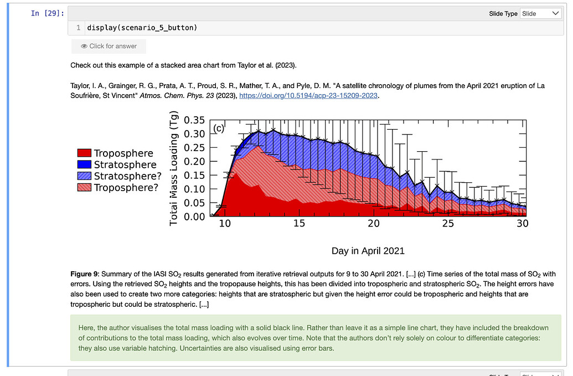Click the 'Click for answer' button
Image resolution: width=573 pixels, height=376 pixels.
point(109,46)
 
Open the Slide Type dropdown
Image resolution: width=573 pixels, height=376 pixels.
point(541,13)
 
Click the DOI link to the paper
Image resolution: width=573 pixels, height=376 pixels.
point(309,96)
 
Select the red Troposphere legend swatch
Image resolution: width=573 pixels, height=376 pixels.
point(84,153)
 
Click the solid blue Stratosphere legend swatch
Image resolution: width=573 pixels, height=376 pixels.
point(84,164)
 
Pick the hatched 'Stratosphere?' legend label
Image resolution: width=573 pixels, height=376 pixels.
point(128,176)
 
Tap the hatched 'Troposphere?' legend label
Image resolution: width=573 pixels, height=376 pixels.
point(126,188)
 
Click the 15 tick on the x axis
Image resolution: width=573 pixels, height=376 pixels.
point(299,224)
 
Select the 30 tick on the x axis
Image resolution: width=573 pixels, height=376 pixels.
point(522,224)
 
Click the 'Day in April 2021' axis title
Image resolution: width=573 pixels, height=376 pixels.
point(368,251)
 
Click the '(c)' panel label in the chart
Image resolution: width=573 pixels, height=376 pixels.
point(219,128)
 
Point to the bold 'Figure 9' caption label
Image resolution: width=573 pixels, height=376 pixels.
point(84,274)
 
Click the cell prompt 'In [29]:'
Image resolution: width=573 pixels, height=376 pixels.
point(47,13)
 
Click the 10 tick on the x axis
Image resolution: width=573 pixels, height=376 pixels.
point(225,224)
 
